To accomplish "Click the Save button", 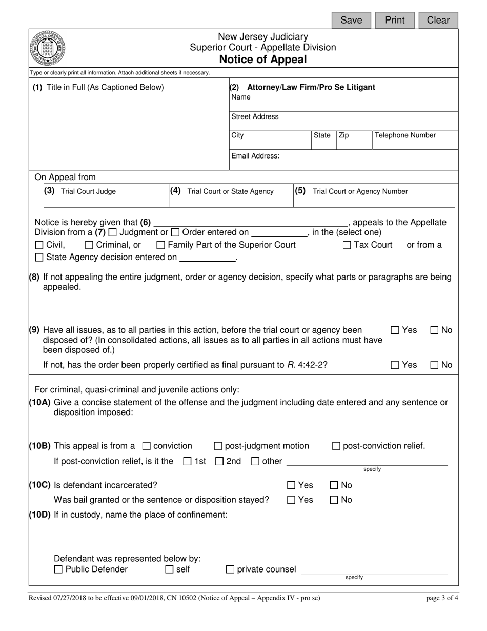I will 351,20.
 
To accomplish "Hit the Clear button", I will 438,20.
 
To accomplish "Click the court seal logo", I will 48,47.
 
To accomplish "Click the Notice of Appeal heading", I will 263,60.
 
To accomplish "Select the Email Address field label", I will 255,156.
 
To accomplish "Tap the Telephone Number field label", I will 405,135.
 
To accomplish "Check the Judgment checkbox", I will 113,232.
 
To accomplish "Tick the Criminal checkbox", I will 89,245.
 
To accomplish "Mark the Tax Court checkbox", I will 347,245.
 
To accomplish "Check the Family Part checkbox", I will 160,245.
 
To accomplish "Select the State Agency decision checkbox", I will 39,258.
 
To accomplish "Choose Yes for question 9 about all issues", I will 395,330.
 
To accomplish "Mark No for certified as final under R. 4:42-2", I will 435,365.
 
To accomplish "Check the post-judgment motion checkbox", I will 217,446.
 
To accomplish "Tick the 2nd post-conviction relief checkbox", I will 219,462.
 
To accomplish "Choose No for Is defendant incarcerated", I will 334,485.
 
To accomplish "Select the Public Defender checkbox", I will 58,569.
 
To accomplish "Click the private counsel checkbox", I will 230,569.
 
